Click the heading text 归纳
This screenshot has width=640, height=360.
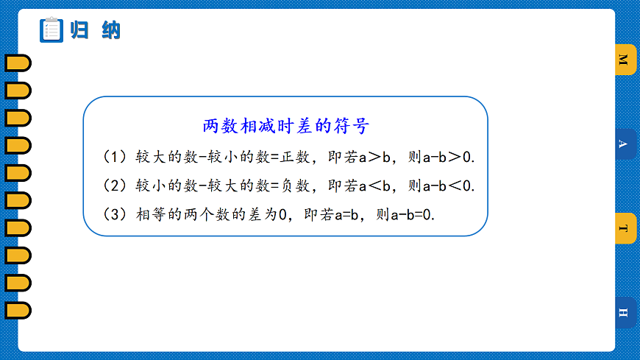94,30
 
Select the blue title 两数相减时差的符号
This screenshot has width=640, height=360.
285,126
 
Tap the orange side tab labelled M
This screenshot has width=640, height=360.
624,60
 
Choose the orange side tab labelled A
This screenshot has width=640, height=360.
624,144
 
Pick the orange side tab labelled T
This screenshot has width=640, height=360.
624,228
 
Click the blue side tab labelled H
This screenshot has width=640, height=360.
624,312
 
